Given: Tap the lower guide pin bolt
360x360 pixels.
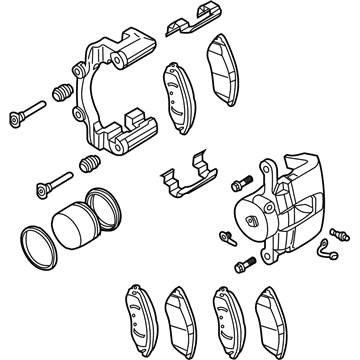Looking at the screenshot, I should click(x=50, y=185).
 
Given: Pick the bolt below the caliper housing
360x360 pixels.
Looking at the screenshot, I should click(x=243, y=265).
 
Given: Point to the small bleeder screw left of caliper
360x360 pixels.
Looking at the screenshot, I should click(x=224, y=237).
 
